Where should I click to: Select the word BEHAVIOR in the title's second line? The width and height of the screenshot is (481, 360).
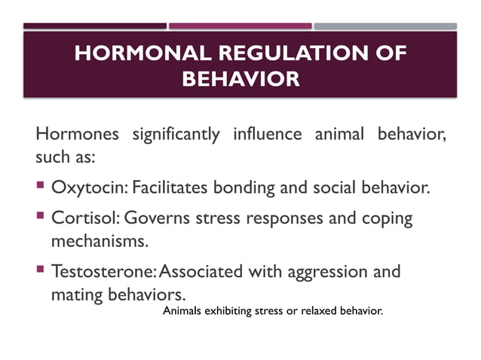click(x=240, y=78)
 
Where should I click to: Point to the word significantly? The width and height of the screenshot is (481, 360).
click(x=176, y=136)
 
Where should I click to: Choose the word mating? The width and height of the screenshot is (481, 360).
click(x=75, y=294)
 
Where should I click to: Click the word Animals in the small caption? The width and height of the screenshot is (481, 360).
click(x=182, y=310)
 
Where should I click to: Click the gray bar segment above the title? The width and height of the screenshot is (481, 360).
click(x=385, y=26)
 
